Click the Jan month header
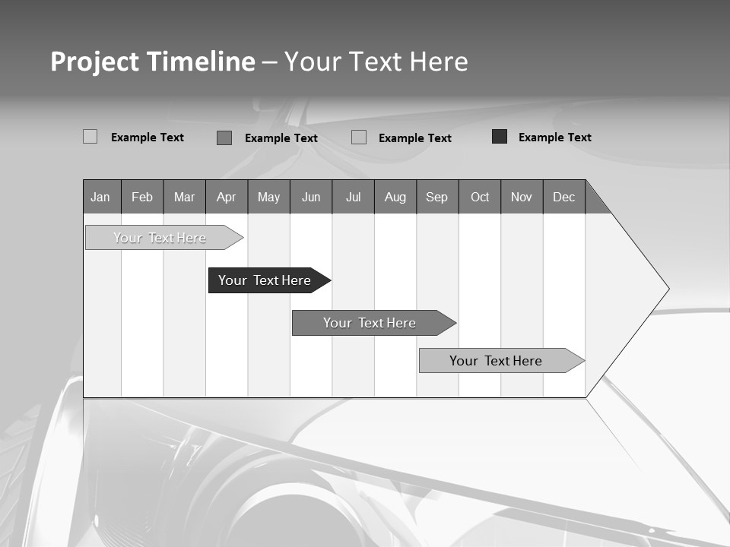point(100,197)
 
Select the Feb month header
point(142,197)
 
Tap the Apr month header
point(226,197)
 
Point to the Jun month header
point(311,197)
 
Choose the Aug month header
point(395,197)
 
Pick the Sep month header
point(436,197)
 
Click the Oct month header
point(480,197)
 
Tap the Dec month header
point(563,197)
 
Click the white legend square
point(90,137)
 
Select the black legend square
point(500,137)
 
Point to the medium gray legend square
point(224,138)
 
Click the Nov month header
point(522,197)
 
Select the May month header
point(268,197)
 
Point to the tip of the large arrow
point(668,289)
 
